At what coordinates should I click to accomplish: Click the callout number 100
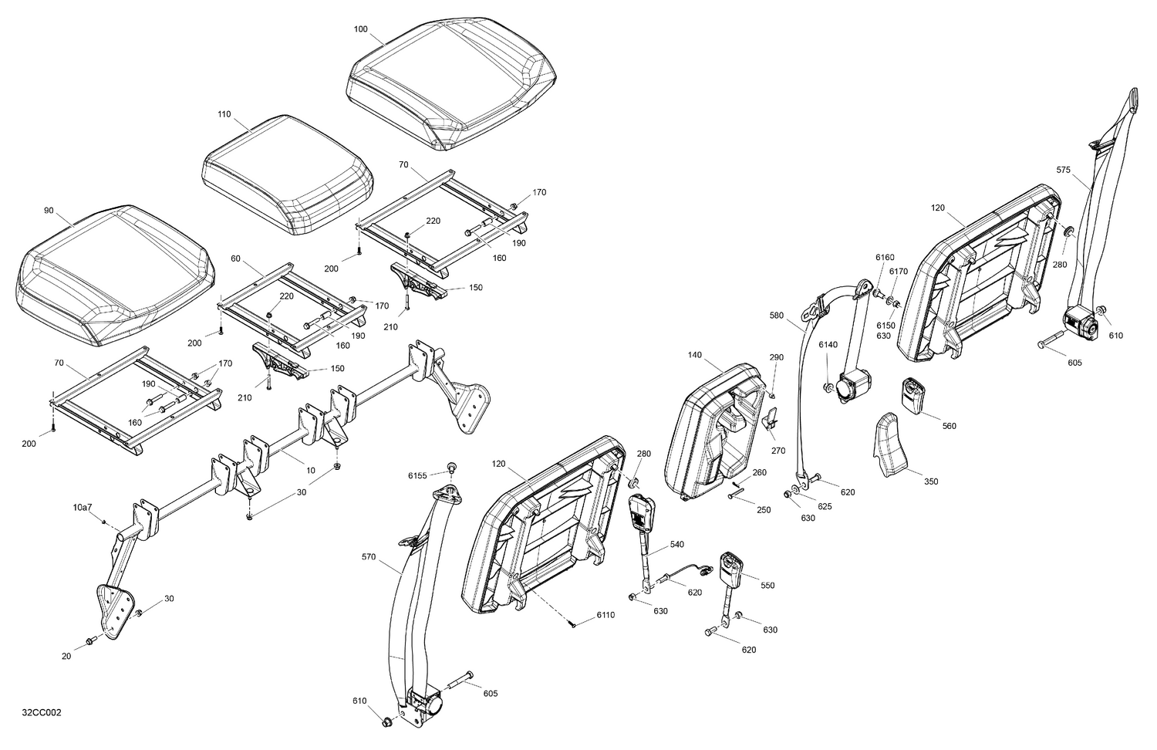(x=360, y=29)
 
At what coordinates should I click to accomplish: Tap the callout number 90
(x=49, y=211)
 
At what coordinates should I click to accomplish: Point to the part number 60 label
(x=235, y=258)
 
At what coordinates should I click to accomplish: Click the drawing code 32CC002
(x=42, y=712)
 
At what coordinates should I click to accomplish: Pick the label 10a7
(x=82, y=507)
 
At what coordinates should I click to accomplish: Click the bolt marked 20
(x=90, y=640)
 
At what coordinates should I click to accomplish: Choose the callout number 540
(x=676, y=545)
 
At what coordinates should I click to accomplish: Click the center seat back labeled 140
(x=717, y=432)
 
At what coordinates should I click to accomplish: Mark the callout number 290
(x=776, y=357)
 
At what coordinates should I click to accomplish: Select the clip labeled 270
(x=769, y=421)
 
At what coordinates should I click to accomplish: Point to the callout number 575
(x=1064, y=171)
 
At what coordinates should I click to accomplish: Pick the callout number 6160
(x=885, y=257)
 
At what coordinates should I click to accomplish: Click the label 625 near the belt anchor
(x=825, y=506)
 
